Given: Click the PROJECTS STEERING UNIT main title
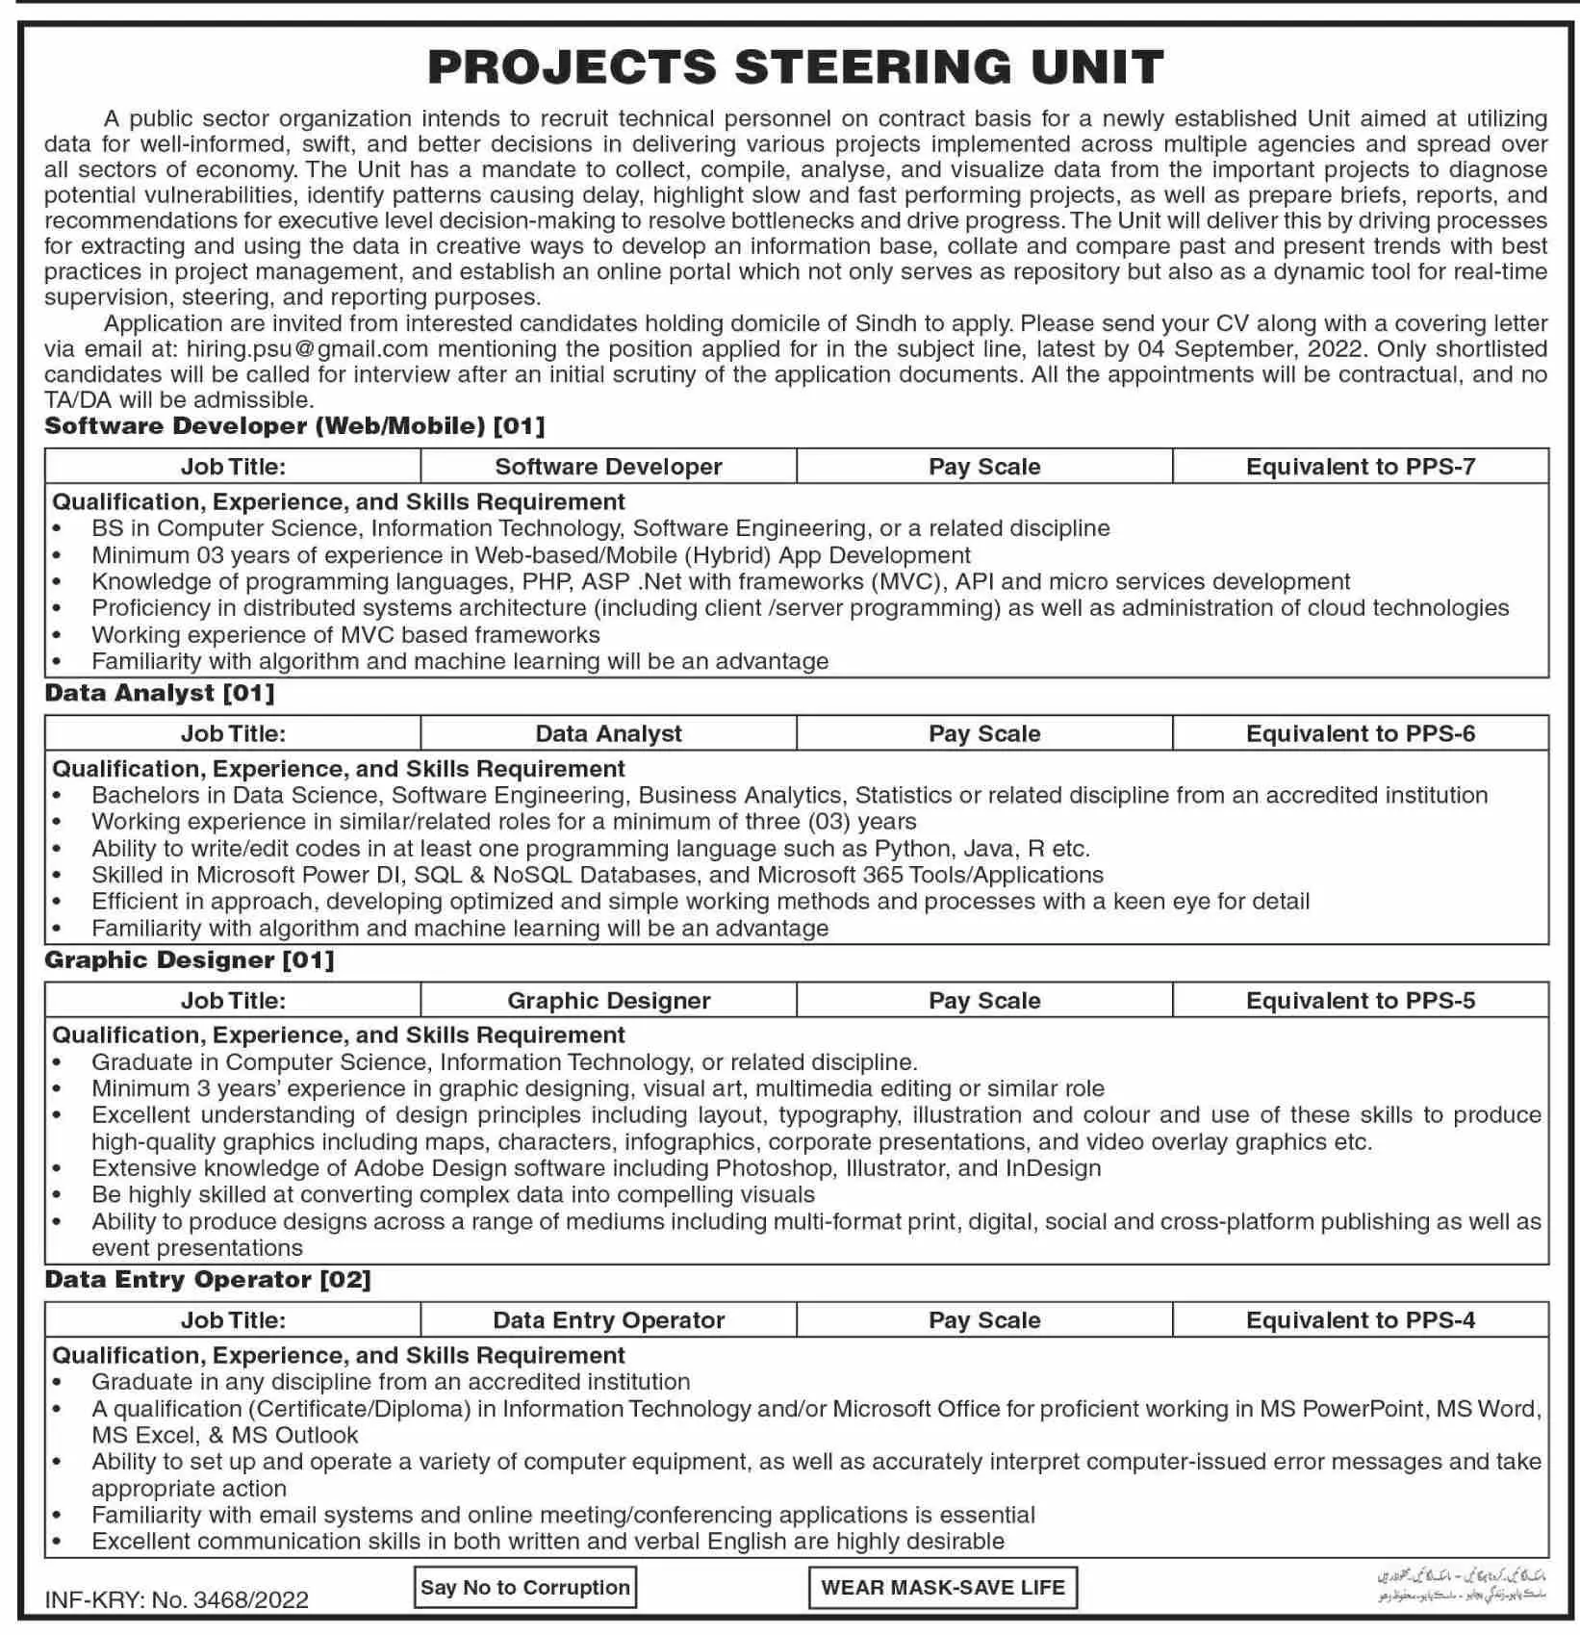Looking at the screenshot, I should pyautogui.click(x=796, y=67).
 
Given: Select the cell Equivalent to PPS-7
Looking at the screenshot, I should pyautogui.click(x=1360, y=467).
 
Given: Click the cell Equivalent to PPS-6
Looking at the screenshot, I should pyautogui.click(x=1360, y=733).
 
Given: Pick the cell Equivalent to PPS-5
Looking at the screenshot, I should pyautogui.click(x=1360, y=1001).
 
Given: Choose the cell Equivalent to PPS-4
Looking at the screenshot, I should pyautogui.click(x=1360, y=1320).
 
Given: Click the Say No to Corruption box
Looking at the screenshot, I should pyautogui.click(x=524, y=1588).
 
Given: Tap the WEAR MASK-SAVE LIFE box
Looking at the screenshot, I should pyautogui.click(x=942, y=1588).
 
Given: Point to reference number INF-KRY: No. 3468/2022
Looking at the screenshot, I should pyautogui.click(x=176, y=1599).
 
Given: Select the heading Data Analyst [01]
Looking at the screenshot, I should pyautogui.click(x=160, y=693).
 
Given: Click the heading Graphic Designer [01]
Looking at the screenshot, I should pyautogui.click(x=190, y=959).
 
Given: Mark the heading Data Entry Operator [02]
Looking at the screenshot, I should pyautogui.click(x=208, y=1279).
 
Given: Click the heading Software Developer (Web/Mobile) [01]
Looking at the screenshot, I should pyautogui.click(x=294, y=425).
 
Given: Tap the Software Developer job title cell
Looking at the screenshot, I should pyautogui.click(x=608, y=467).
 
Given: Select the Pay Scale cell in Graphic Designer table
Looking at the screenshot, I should pyautogui.click(x=984, y=1001).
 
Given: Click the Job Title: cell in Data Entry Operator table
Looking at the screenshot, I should pyautogui.click(x=233, y=1320).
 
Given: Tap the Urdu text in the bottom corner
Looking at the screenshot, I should pyautogui.click(x=1461, y=1586).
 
